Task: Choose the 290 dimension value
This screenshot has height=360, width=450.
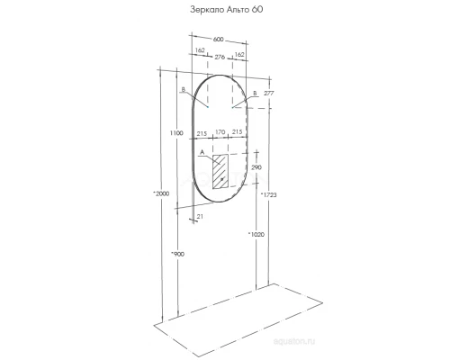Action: click(255, 168)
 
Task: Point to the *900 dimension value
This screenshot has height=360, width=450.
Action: click(176, 255)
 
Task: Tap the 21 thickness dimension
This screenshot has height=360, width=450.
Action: click(201, 216)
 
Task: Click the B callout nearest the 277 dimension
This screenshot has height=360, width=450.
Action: click(255, 92)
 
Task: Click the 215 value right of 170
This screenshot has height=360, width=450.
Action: click(237, 133)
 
